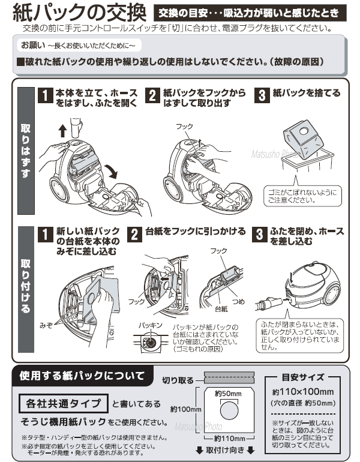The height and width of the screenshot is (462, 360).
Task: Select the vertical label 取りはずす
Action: (25, 151)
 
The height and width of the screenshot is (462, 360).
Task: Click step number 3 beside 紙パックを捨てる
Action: (261, 96)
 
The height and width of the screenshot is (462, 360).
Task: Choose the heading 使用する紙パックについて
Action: (82, 376)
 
